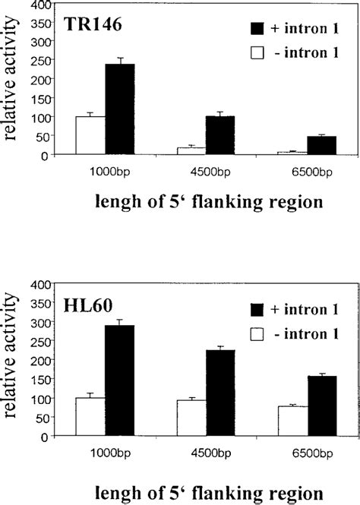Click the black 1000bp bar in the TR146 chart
pos(120,109)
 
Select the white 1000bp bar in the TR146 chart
pos(90,135)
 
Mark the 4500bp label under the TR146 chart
pos(205,172)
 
